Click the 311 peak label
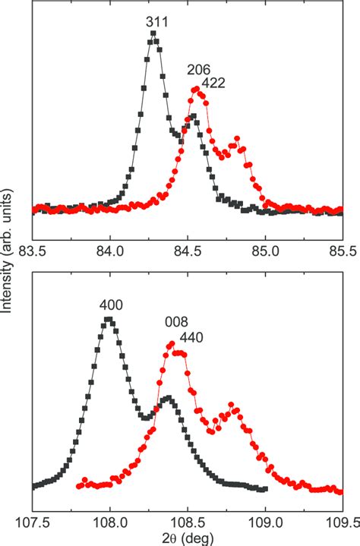[x=157, y=21]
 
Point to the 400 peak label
[x=111, y=305]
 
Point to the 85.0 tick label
[x=265, y=250]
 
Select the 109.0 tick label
[x=265, y=522]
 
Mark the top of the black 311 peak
[x=154, y=33]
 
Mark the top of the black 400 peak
[x=111, y=320]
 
